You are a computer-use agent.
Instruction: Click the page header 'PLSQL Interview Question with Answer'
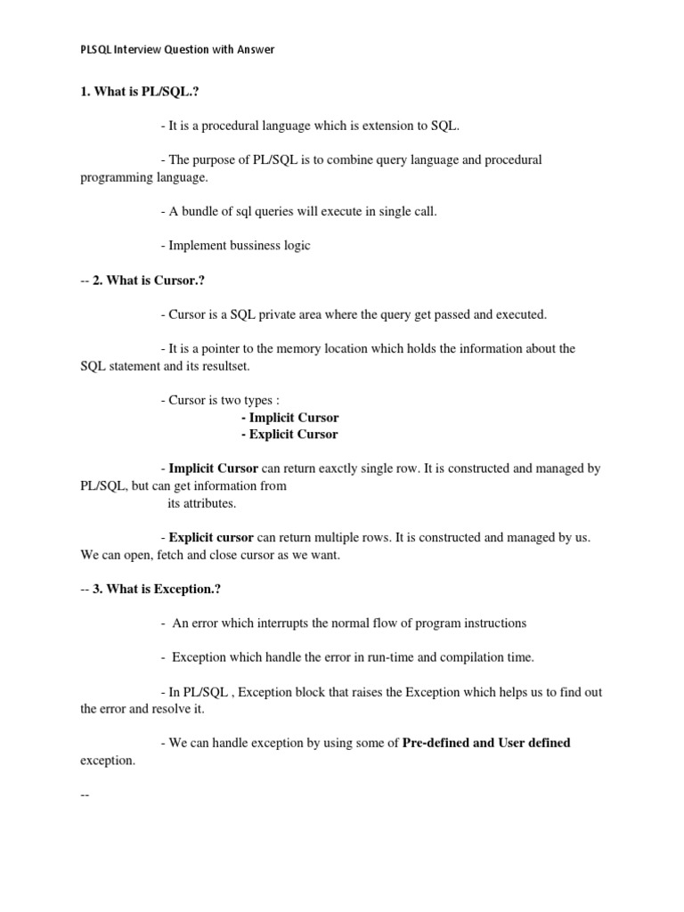tap(177, 50)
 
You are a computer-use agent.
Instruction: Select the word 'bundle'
tap(196, 211)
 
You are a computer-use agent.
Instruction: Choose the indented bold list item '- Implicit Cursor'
tap(289, 417)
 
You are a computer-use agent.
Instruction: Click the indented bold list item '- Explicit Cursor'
tap(289, 435)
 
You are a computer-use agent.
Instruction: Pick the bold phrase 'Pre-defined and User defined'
tap(486, 743)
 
